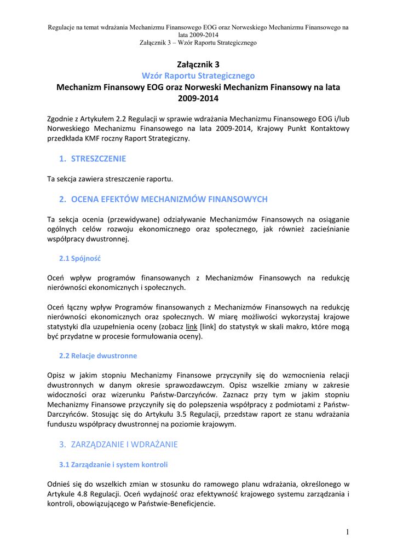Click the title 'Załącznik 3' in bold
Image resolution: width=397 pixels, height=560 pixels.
click(198, 65)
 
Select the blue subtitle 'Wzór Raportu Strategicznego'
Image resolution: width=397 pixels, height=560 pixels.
click(198, 75)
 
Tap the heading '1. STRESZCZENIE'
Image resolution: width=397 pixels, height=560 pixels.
click(93, 159)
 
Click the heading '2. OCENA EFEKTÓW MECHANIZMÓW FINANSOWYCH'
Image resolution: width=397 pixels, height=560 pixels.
click(163, 199)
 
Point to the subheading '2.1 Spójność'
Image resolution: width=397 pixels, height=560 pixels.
click(79, 258)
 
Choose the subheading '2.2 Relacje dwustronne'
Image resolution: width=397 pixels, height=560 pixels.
click(98, 355)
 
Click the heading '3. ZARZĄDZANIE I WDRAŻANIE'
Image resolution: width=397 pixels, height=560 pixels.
click(118, 445)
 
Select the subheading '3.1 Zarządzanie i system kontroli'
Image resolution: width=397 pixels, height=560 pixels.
click(113, 464)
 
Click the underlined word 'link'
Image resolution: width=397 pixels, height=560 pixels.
click(192, 326)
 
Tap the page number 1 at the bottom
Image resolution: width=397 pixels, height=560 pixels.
click(347, 532)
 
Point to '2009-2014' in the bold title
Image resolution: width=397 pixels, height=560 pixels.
click(198, 98)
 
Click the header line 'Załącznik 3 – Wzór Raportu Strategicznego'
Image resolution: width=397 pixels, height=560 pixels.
click(198, 42)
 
